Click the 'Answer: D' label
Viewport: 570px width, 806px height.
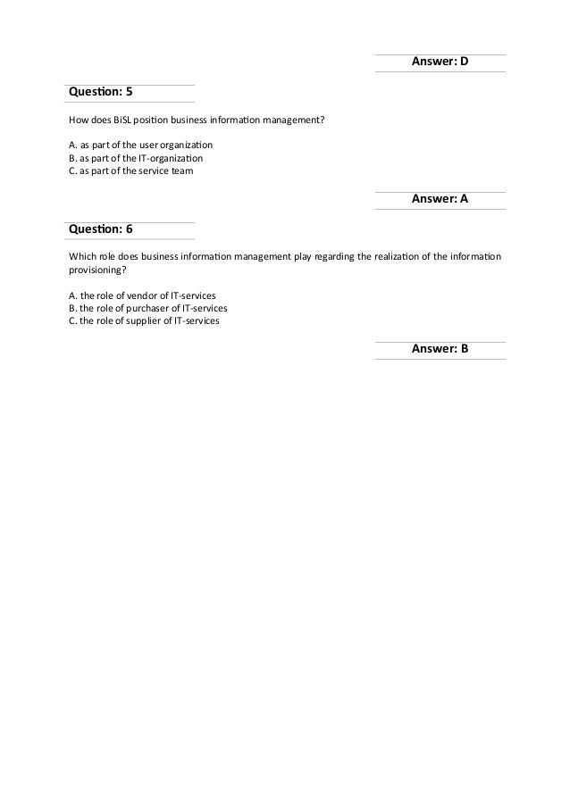point(440,62)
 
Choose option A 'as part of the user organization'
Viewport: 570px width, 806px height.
point(140,145)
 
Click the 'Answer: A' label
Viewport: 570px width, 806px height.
point(440,200)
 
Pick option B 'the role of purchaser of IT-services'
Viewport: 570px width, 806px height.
point(147,308)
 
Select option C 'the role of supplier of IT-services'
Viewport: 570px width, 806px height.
point(144,320)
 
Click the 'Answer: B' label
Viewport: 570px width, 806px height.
point(440,350)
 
